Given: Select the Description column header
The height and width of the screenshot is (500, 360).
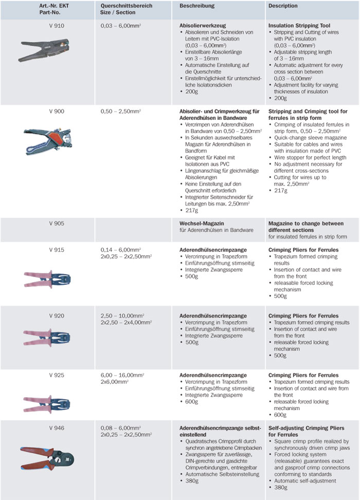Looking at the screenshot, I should click(283, 6).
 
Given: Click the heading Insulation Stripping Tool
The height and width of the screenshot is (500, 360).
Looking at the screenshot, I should click(299, 25).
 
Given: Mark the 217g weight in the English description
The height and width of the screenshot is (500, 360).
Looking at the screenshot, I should click(280, 190).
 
